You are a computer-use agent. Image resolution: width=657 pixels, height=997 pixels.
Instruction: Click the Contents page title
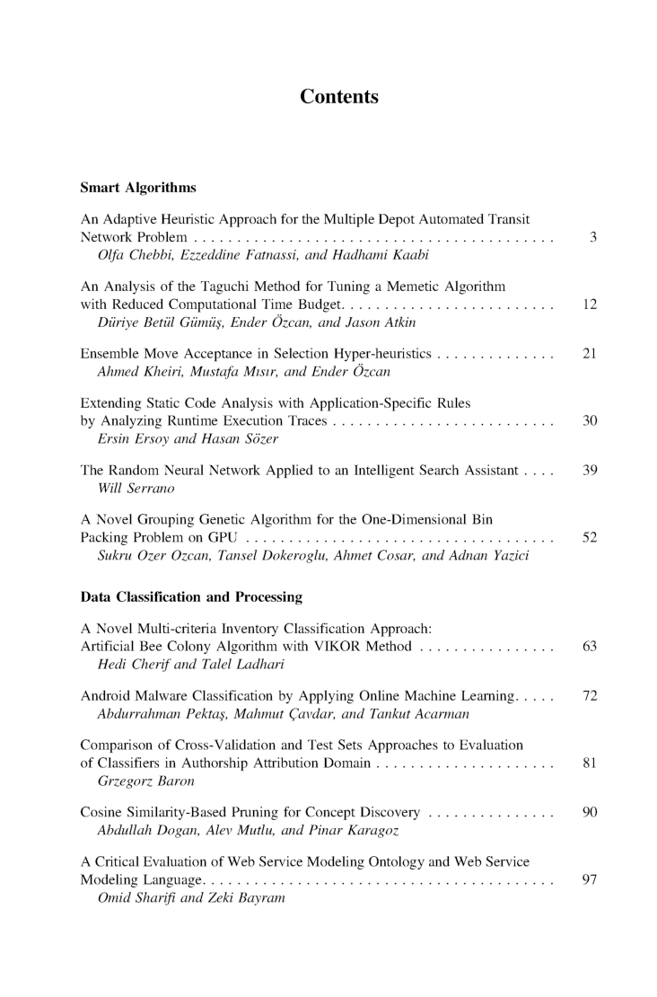[338, 97]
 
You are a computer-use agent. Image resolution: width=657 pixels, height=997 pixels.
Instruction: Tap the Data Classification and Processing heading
[191, 596]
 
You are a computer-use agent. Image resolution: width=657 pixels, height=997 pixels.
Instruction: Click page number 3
[593, 238]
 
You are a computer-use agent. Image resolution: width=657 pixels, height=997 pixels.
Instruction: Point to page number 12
[590, 304]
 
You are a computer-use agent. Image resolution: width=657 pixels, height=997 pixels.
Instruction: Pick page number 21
[590, 354]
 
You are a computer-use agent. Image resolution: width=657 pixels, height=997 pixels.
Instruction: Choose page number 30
[590, 420]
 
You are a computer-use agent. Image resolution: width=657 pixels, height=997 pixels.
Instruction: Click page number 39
[590, 470]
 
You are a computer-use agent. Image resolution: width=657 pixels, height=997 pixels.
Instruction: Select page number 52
[590, 537]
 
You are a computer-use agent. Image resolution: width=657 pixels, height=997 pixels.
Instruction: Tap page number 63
[590, 646]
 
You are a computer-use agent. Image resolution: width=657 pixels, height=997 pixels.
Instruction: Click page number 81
[590, 763]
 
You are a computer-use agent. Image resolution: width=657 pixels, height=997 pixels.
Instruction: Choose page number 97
[590, 879]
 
